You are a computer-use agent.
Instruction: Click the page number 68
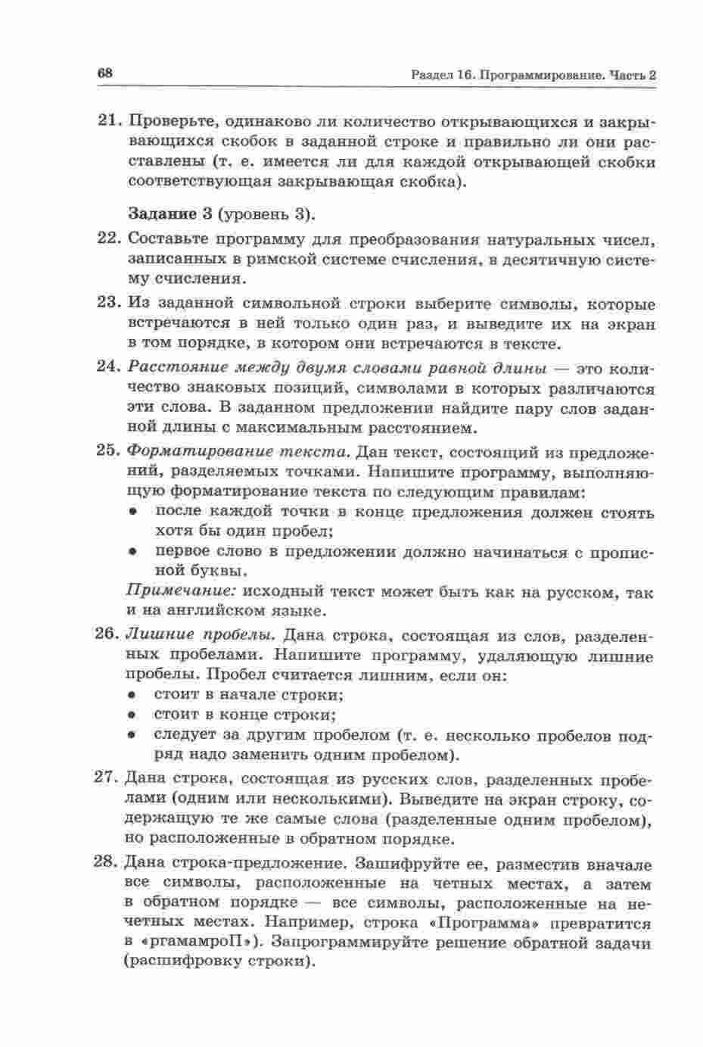point(105,73)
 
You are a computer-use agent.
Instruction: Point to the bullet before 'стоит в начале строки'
point(131,693)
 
